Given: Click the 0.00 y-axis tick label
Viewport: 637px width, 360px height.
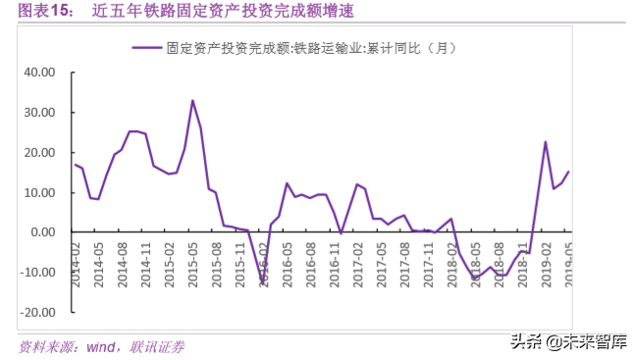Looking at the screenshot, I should (x=40, y=232).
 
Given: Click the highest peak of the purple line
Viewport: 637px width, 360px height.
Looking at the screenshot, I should (x=192, y=100).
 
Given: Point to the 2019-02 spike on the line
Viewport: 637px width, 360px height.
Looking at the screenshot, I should (x=545, y=142).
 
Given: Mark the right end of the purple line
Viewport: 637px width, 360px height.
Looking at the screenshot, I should (x=568, y=172).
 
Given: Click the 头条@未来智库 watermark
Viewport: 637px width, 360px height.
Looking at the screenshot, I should (x=575, y=341).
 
